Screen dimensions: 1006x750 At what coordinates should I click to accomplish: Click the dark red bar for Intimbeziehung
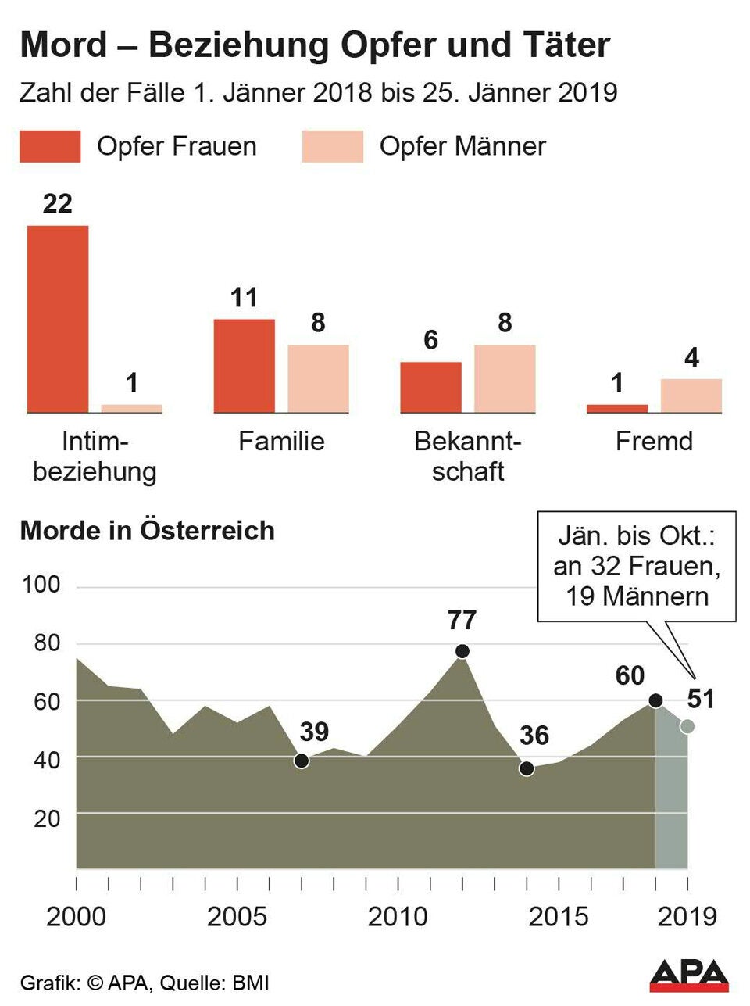58,319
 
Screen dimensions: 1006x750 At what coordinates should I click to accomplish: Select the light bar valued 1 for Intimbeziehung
131,408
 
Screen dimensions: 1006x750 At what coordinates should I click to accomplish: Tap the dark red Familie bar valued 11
244,366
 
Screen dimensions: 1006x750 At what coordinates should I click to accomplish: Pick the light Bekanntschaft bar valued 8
505,378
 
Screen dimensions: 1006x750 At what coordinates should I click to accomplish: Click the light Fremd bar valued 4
691,396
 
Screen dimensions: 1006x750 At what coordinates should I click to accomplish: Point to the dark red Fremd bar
617,408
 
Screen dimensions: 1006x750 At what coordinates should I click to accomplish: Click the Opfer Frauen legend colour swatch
50,146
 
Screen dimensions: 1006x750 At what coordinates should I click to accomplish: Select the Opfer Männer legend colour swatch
333,146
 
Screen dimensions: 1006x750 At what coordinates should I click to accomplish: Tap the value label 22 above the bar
57,204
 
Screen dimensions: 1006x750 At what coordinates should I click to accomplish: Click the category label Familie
281,441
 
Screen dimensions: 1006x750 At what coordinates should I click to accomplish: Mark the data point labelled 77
462,651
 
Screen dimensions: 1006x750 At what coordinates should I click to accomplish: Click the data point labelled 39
302,761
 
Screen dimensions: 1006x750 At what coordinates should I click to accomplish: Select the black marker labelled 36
527,769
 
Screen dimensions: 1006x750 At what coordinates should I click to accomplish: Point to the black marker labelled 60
655,700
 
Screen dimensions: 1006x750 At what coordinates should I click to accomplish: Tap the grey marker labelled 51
687,726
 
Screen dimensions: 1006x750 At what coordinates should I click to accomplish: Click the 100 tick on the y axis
41,585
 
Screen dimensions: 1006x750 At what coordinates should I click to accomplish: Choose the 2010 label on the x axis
398,916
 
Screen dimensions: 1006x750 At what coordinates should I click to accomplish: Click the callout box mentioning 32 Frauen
636,567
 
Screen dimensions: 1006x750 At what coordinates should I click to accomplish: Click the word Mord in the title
62,45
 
